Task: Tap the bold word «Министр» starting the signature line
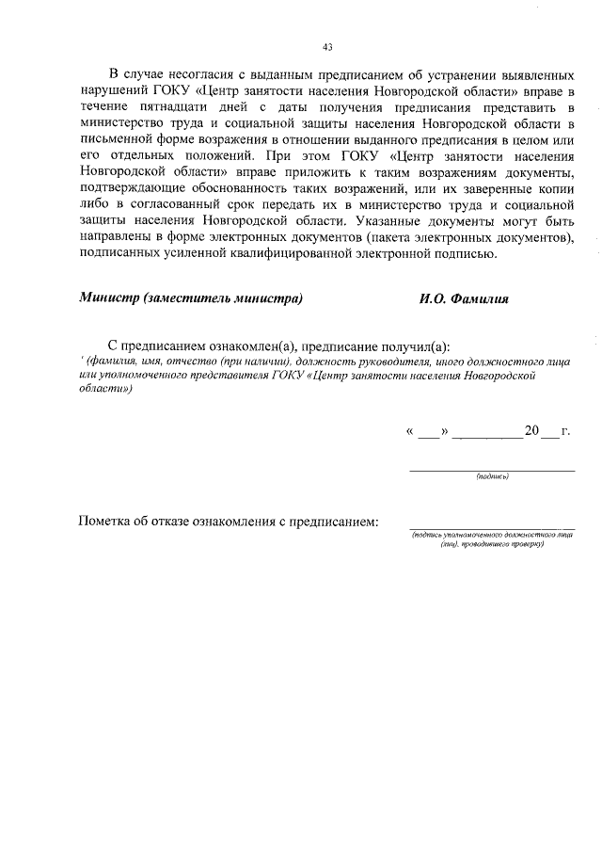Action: pyautogui.click(x=110, y=299)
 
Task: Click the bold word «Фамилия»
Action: pyautogui.click(x=480, y=299)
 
